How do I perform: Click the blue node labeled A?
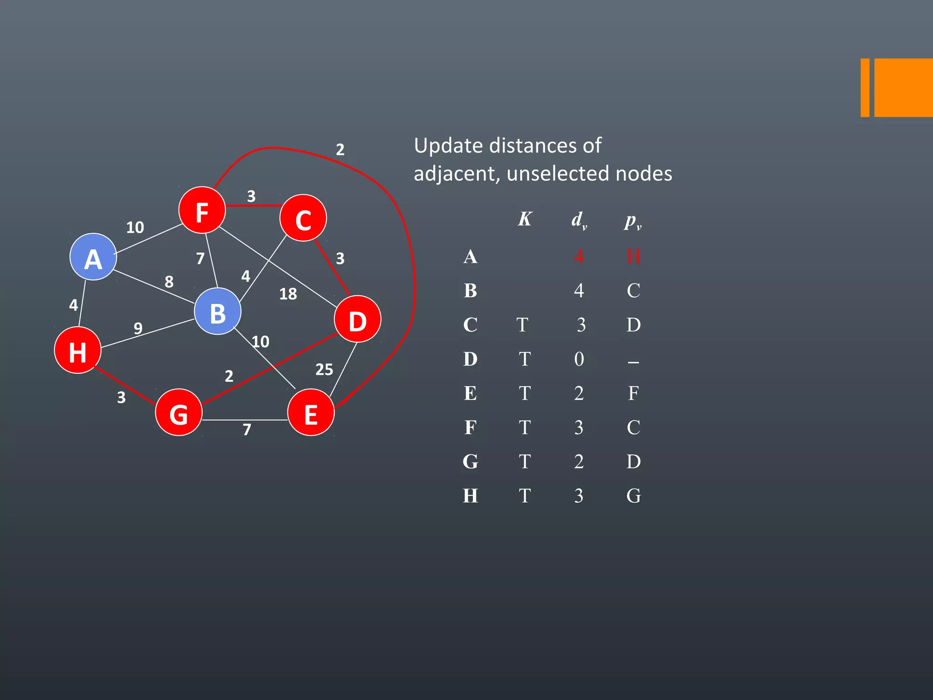pos(93,257)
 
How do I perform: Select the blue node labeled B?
pos(218,312)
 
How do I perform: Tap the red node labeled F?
pos(202,210)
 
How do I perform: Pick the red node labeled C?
pos(303,218)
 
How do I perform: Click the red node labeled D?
pos(358,319)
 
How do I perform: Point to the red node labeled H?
pos(77,350)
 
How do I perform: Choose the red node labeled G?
pos(179,412)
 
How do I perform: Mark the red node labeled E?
pos(311,412)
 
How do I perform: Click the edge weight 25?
pos(324,369)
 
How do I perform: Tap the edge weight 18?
pos(288,294)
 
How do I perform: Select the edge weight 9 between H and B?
pos(138,328)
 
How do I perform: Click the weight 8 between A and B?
pos(169,282)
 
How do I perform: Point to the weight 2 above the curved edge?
pos(340,149)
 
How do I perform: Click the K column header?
pos(525,219)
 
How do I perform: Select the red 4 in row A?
pos(579,256)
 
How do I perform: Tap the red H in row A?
pos(633,256)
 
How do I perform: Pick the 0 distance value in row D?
pos(579,359)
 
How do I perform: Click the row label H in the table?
pos(471,496)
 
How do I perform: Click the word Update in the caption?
pos(448,146)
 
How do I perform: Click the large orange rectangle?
pos(903,87)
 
